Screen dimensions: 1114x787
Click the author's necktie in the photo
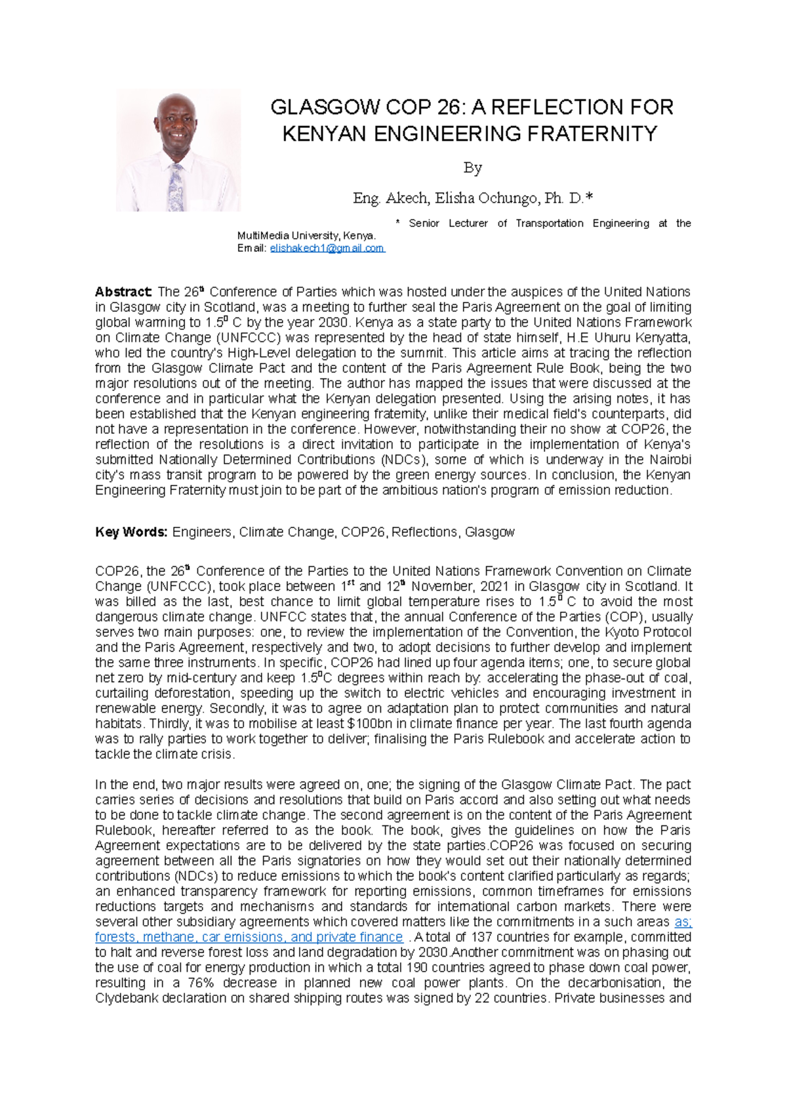(x=175, y=188)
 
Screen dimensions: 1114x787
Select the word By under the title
(x=472, y=168)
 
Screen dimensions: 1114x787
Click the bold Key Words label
(x=132, y=532)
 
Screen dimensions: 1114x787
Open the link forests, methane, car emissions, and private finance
(x=249, y=937)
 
